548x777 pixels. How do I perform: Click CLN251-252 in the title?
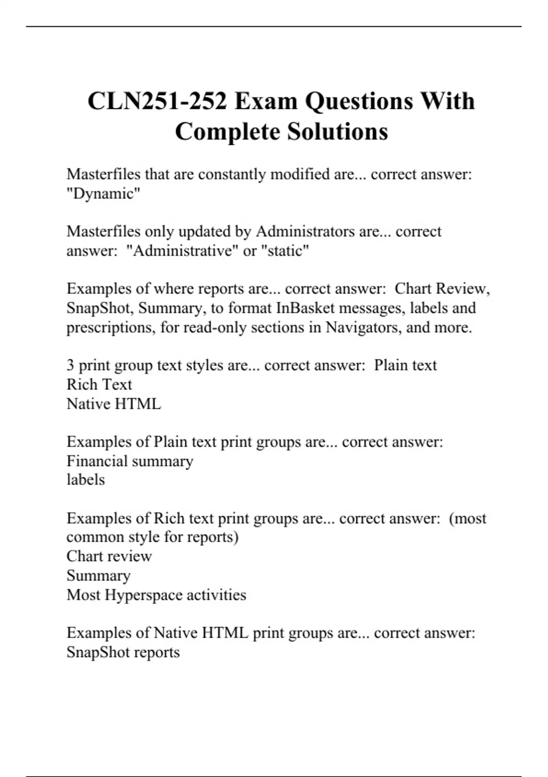coord(157,101)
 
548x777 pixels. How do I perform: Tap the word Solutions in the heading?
coord(337,132)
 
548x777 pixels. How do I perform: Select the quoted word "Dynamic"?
coord(103,194)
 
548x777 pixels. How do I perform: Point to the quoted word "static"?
coord(285,251)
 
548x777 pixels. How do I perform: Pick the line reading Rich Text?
coord(99,384)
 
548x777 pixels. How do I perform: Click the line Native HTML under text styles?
coord(114,404)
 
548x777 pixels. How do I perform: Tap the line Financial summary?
coord(130,461)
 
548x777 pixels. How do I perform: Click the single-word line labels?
coord(85,480)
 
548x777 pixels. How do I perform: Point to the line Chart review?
coord(109,556)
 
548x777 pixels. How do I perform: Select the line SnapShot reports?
coord(123,652)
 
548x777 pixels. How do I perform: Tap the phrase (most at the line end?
coord(468,518)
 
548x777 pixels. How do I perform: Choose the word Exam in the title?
coord(265,101)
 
